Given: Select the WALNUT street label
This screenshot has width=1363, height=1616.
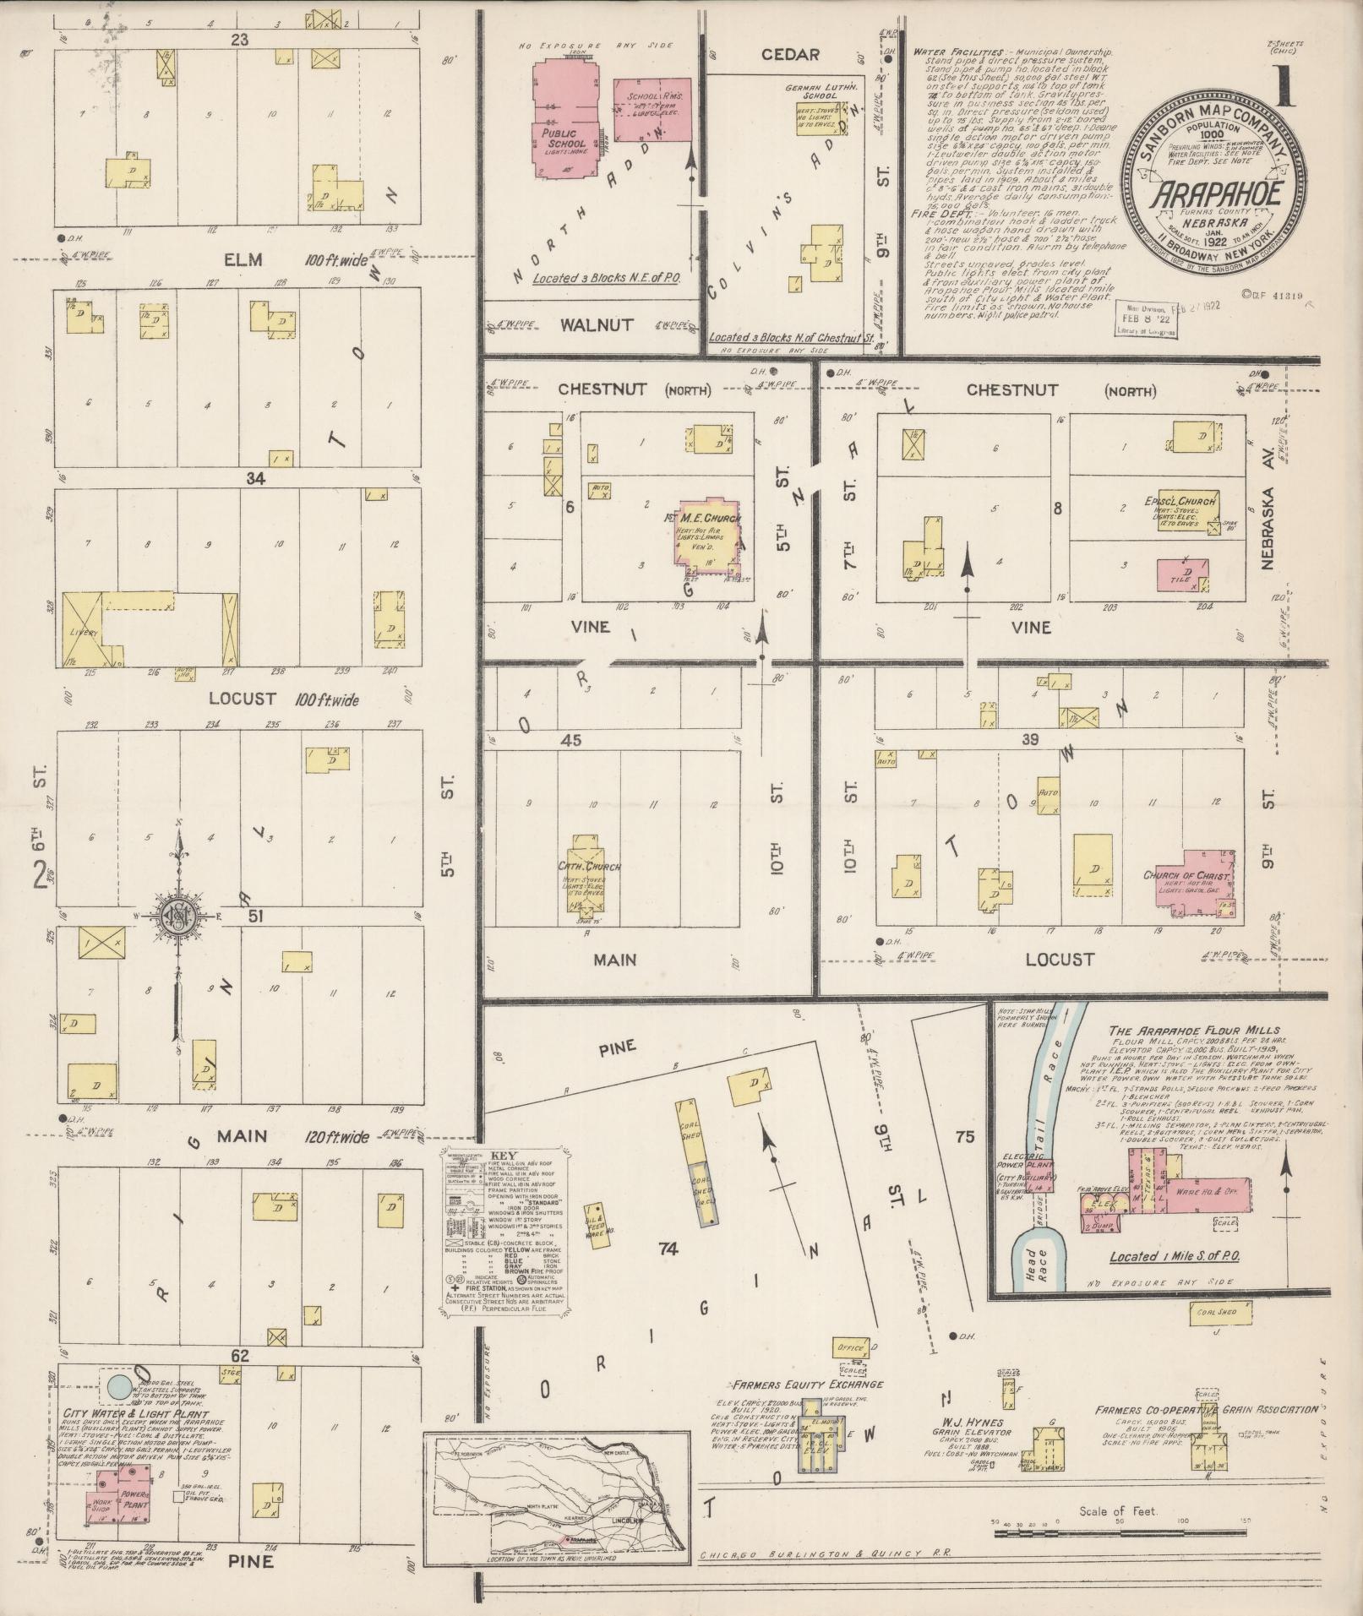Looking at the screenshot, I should pyautogui.click(x=593, y=325).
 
